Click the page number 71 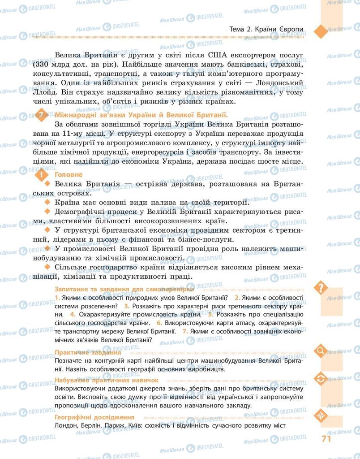[326, 438]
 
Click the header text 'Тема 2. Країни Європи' [266, 30]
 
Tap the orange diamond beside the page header [321, 30]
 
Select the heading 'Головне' [68, 174]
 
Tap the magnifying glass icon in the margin [321, 350]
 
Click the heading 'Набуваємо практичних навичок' [103, 381]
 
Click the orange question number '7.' [185, 331]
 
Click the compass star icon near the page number [321, 413]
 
